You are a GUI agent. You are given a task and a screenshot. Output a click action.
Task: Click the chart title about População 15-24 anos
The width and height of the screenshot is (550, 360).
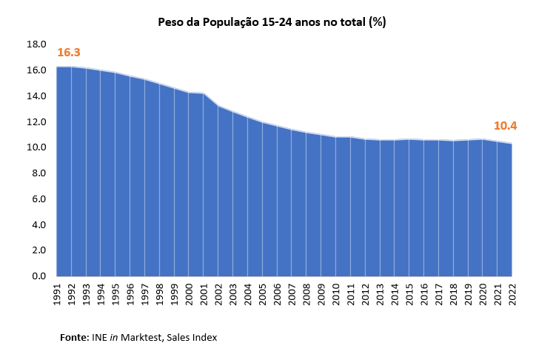click(x=272, y=22)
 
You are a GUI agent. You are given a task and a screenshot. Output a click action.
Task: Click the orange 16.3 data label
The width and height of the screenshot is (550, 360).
click(x=69, y=53)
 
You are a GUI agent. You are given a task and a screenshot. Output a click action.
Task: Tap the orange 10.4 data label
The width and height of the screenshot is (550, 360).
click(x=505, y=126)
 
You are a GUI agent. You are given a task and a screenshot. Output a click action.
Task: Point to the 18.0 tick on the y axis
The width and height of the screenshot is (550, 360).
click(x=37, y=44)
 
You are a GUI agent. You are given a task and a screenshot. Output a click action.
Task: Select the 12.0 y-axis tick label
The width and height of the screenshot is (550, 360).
click(x=37, y=122)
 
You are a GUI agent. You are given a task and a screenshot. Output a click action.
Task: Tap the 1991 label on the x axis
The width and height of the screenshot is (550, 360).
click(x=57, y=293)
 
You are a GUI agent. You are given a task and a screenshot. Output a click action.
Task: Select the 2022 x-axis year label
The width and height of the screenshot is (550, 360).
click(x=512, y=293)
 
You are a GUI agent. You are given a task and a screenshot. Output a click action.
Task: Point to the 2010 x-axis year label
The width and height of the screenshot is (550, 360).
click(x=335, y=293)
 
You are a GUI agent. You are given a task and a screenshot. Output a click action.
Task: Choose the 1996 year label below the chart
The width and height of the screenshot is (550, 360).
click(x=130, y=293)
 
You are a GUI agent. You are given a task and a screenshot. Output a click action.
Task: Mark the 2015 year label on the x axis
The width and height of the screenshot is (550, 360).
click(x=409, y=293)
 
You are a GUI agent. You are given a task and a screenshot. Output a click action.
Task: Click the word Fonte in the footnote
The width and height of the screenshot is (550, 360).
click(x=74, y=338)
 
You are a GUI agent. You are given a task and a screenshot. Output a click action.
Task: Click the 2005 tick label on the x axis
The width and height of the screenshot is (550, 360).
click(x=262, y=293)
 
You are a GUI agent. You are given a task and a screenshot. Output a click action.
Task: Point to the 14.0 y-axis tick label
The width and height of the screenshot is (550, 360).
click(x=37, y=96)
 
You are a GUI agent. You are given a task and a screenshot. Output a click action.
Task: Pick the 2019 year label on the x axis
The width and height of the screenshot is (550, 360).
click(x=467, y=293)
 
